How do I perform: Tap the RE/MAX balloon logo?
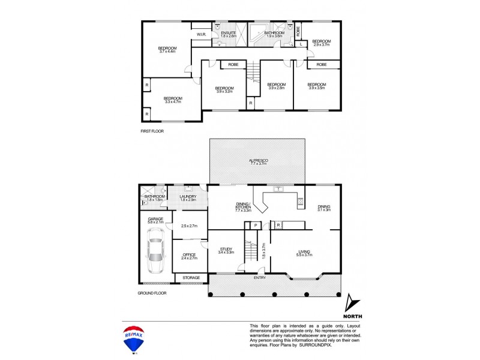(x=134, y=340)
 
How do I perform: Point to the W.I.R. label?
(x=202, y=35)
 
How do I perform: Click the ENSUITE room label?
(x=229, y=32)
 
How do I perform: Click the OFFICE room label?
(x=189, y=254)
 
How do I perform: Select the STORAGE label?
(x=190, y=278)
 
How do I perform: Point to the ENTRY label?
(x=260, y=277)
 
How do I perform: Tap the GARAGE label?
(x=155, y=219)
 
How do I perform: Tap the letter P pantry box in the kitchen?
(x=256, y=225)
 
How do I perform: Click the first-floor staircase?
(x=254, y=73)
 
